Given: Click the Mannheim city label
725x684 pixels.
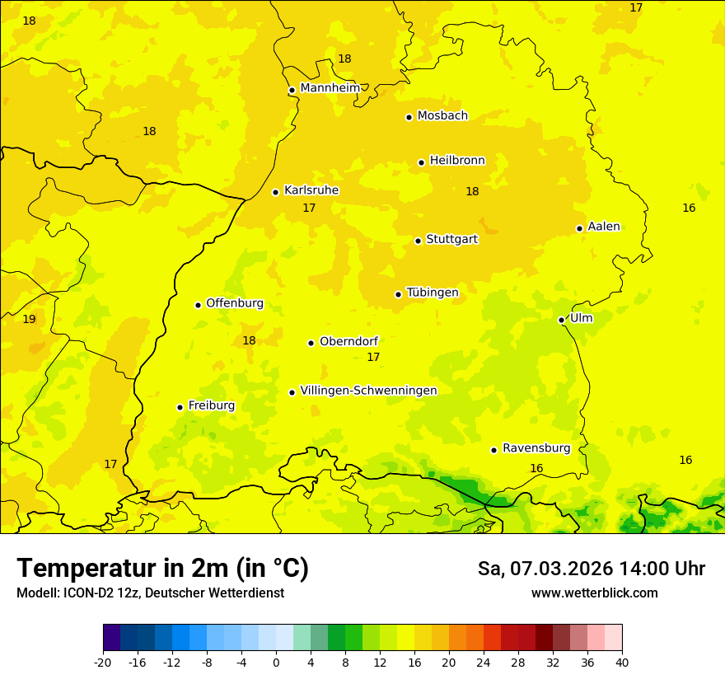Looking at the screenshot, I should (x=330, y=88).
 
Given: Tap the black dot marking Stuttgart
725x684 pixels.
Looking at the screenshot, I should (x=418, y=241).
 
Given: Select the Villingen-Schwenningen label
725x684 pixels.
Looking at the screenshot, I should (x=368, y=391).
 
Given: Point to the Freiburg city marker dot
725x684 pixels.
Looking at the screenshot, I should (x=180, y=407).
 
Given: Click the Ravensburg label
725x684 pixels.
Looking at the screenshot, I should (x=536, y=448).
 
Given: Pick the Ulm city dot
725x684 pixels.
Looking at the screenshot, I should (x=561, y=320).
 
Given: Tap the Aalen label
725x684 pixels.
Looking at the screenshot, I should (x=604, y=227).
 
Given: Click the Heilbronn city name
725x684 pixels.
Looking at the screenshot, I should (x=457, y=161).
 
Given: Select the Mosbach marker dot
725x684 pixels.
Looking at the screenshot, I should (x=409, y=117).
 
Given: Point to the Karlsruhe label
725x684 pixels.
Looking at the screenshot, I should (x=311, y=190).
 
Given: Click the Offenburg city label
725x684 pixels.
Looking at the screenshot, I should (x=235, y=303).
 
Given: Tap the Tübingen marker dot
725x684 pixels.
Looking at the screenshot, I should (x=398, y=294).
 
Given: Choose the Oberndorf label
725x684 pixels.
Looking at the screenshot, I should (x=349, y=341).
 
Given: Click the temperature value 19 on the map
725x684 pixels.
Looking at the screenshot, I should (x=29, y=319).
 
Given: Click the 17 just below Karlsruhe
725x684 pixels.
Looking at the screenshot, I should (x=309, y=208).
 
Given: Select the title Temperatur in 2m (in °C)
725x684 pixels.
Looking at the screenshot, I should (x=162, y=568).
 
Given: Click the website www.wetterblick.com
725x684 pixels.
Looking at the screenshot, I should (x=594, y=593).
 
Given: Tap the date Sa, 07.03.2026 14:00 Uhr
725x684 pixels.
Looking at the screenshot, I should (x=591, y=569).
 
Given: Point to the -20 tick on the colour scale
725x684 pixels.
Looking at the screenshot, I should (x=103, y=662).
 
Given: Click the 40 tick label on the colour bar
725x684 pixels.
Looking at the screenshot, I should (x=621, y=662).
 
